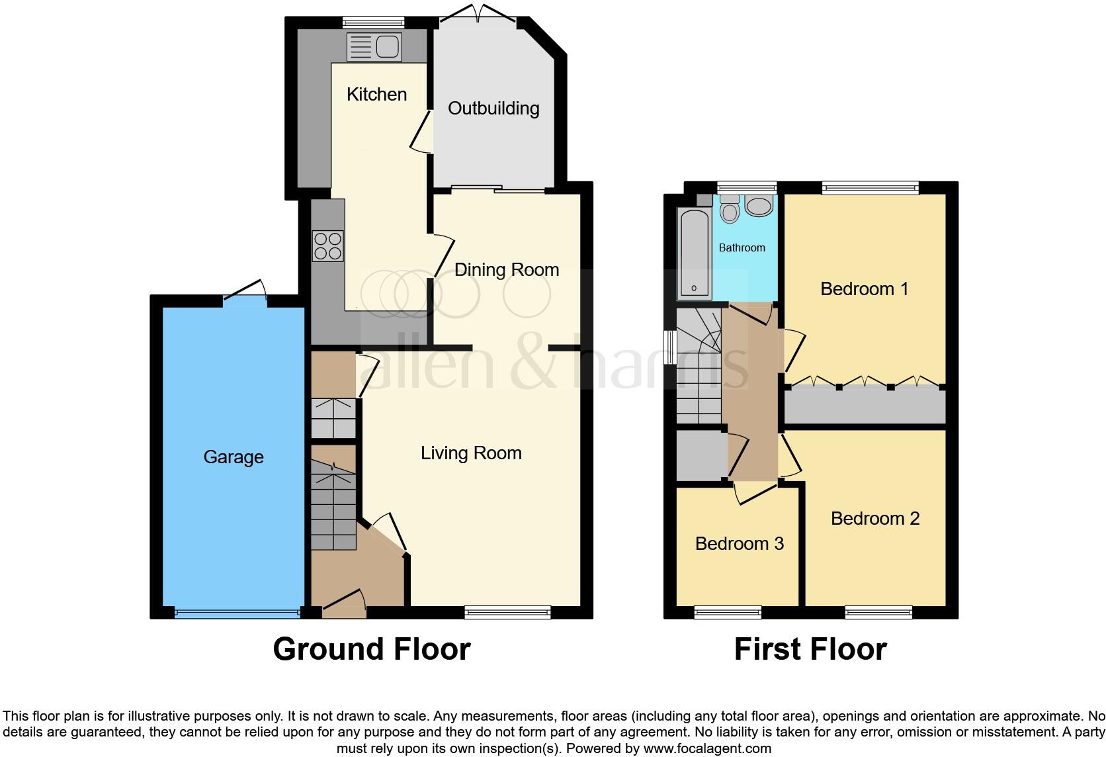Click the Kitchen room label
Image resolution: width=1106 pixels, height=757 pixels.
tap(376, 94)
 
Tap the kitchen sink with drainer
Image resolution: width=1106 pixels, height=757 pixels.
tap(374, 47)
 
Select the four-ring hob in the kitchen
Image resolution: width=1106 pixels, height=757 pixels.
tap(328, 245)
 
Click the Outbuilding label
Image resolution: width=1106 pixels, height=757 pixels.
tap(493, 109)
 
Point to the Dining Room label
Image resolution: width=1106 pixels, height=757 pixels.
tap(507, 269)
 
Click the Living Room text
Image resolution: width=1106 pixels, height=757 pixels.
tap(471, 453)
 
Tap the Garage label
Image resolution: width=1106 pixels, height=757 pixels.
tap(234, 457)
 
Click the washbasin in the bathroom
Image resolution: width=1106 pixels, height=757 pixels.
tap(759, 206)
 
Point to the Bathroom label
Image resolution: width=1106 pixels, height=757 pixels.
tap(742, 247)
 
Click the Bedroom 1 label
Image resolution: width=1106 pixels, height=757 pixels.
tap(864, 289)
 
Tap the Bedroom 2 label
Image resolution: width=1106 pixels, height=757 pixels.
tap(875, 518)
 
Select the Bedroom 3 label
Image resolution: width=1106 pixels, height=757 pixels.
tap(739, 543)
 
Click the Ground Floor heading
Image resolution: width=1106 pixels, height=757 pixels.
tap(371, 649)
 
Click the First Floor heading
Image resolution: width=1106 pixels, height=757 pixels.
tap(810, 649)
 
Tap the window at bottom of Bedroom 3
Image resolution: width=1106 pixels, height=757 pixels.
tap(728, 613)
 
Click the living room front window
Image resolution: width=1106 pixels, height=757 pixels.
tap(507, 613)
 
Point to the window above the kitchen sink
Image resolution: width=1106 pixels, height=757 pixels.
tap(374, 22)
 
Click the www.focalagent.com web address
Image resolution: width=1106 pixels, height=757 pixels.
tap(706, 749)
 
